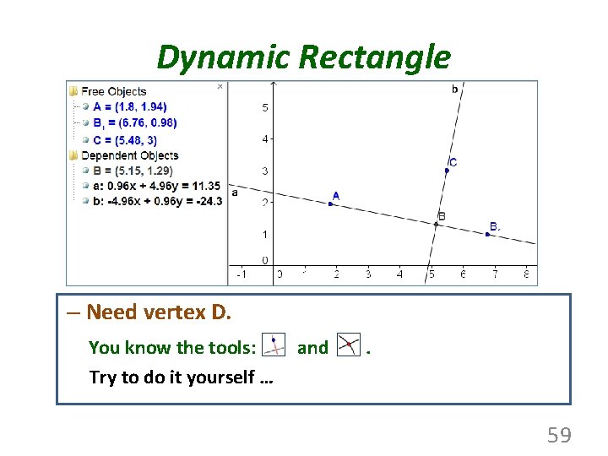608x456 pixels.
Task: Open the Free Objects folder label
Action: (113, 91)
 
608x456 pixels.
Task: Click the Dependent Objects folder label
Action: (129, 155)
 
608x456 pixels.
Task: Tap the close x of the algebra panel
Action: (220, 86)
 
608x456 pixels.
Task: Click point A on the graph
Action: (330, 204)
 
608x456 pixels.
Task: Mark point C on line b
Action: (447, 171)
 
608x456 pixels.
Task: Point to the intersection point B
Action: (437, 224)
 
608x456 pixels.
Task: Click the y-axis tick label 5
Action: (265, 107)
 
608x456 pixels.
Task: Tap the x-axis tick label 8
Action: (526, 274)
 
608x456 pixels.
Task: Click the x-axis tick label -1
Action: (242, 274)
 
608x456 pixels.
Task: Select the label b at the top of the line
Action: (455, 89)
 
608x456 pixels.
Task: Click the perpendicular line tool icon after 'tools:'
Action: (274, 345)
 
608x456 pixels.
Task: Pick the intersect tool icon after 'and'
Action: (348, 345)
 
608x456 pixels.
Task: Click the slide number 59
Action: (559, 436)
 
